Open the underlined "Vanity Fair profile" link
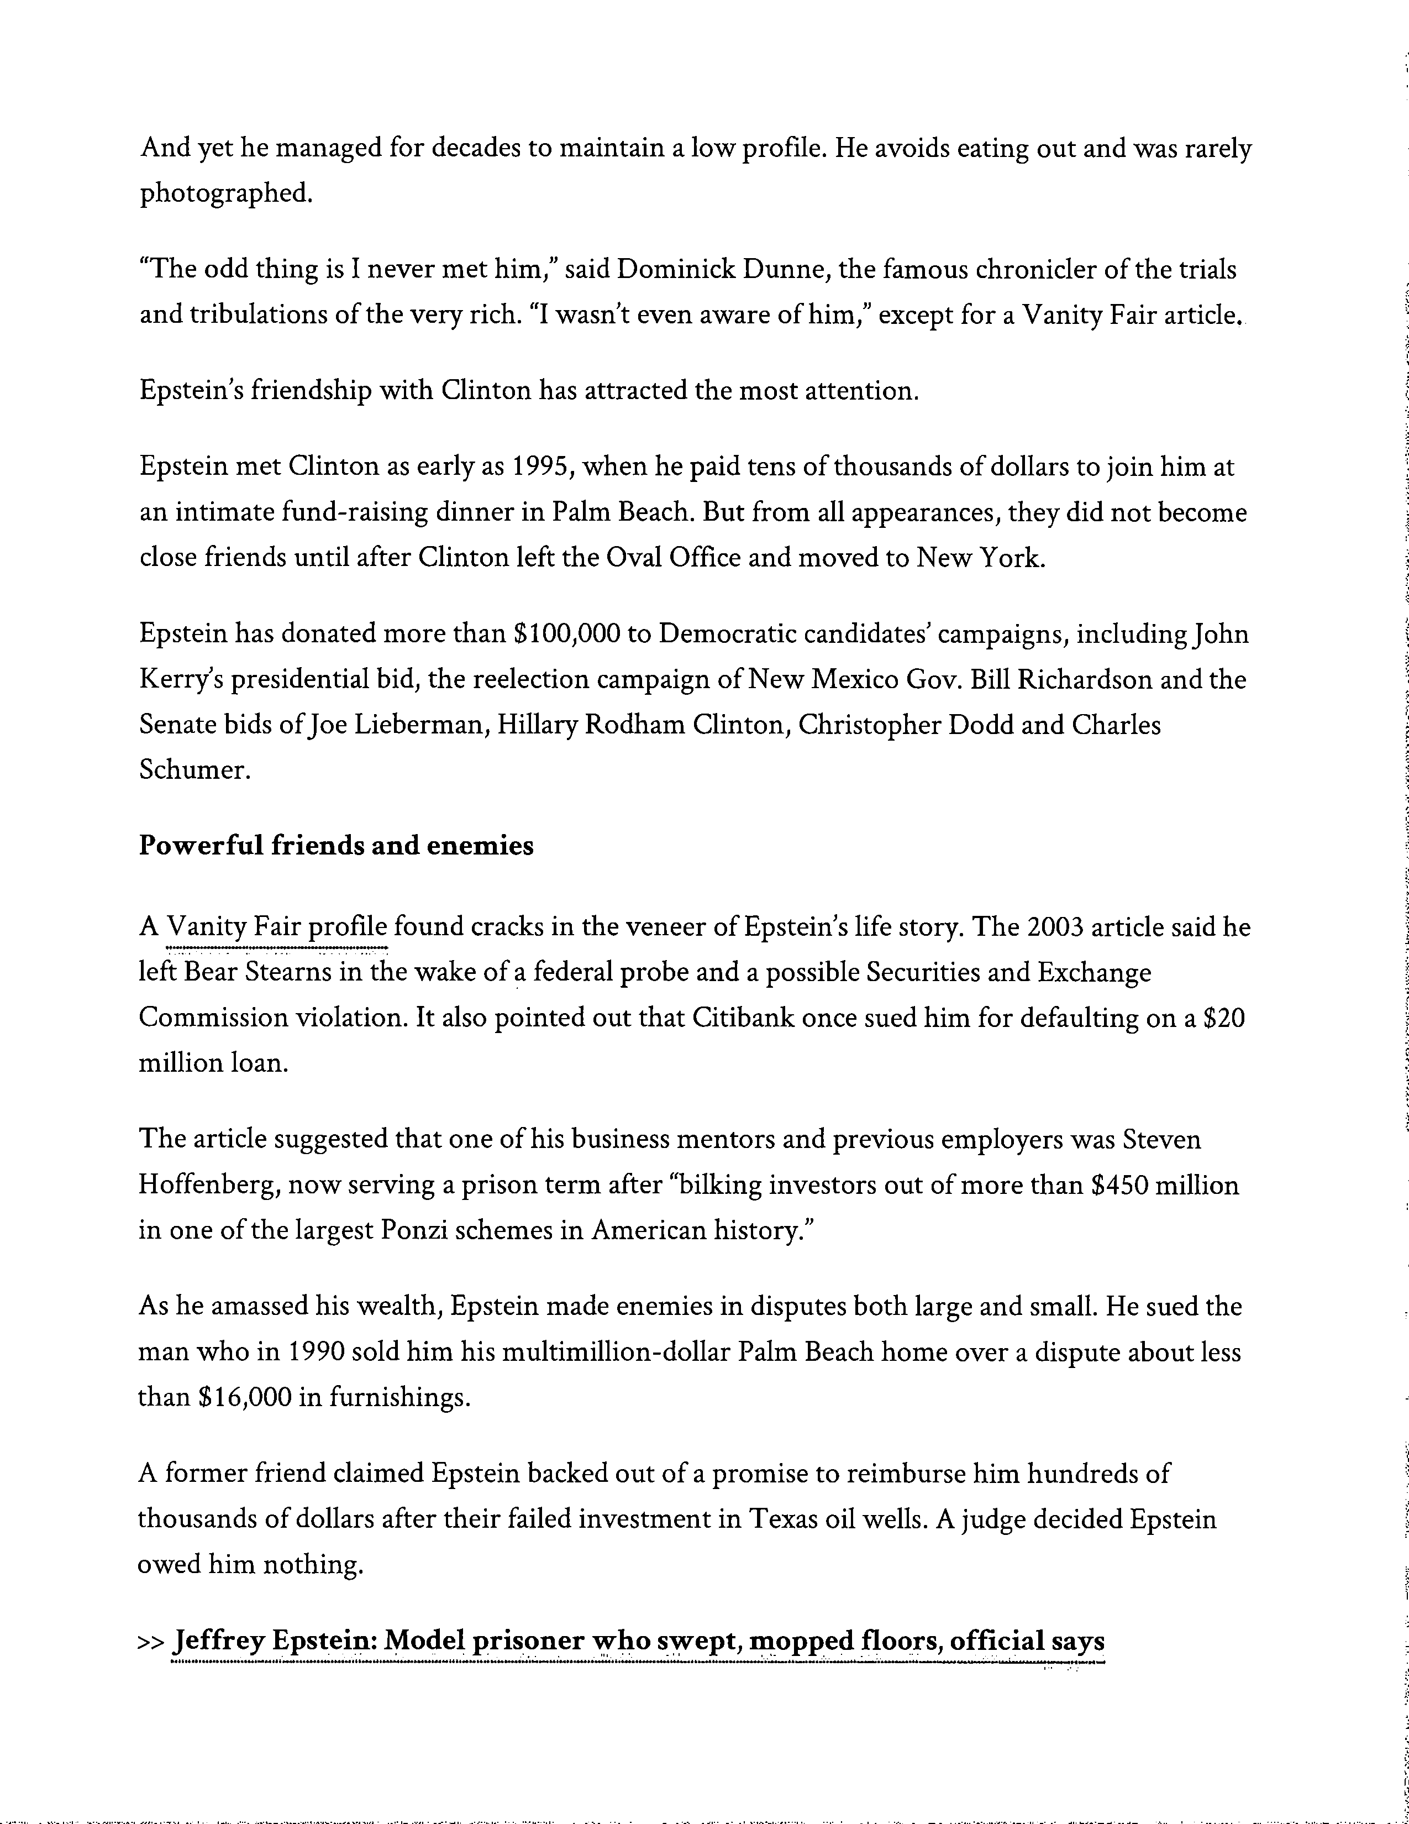[x=278, y=927]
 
